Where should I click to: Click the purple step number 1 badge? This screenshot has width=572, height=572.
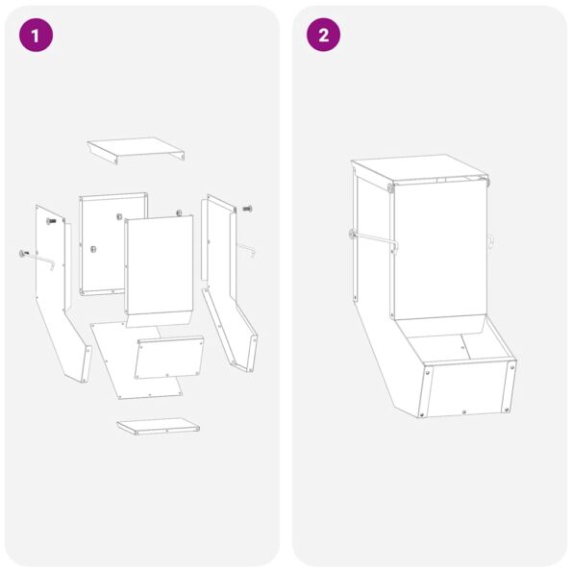[x=36, y=36]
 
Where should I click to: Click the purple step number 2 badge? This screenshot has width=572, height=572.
[x=323, y=36]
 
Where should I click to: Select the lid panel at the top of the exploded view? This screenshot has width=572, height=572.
[x=136, y=149]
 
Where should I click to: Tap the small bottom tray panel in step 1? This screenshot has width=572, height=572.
[x=158, y=426]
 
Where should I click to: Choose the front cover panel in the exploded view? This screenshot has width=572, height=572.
[x=160, y=264]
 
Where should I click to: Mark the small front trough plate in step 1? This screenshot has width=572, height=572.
[x=170, y=358]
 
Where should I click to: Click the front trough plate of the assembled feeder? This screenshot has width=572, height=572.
[x=468, y=389]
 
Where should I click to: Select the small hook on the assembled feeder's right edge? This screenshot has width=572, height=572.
[x=489, y=240]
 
